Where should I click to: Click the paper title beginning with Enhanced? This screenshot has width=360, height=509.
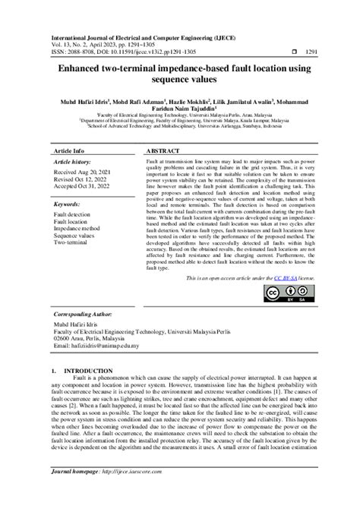(179, 76)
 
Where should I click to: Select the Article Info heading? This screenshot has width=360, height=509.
(70, 152)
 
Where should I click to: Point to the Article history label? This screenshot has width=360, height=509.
(73, 163)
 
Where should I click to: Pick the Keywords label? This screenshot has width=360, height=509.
(70, 204)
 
